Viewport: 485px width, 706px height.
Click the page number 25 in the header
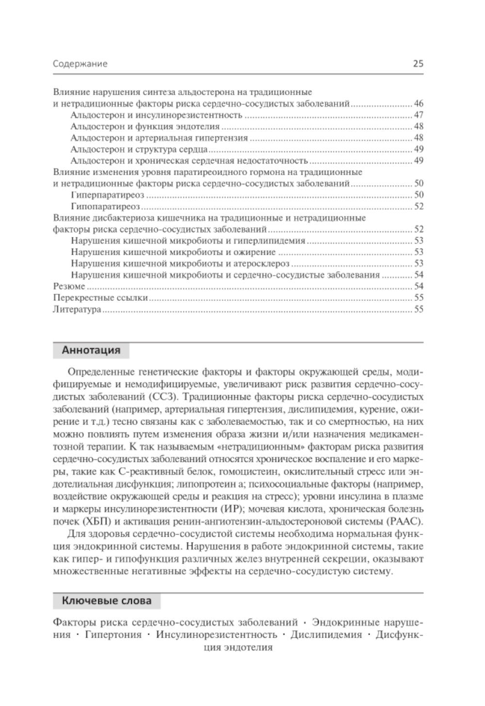(x=418, y=64)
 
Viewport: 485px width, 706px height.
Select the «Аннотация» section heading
(x=91, y=350)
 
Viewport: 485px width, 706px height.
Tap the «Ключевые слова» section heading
(x=106, y=601)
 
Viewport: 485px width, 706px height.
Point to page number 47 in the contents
(x=419, y=115)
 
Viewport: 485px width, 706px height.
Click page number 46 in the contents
(x=419, y=103)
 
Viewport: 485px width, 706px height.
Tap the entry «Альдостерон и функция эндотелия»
(x=145, y=127)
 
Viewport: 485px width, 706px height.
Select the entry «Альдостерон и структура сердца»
(x=139, y=149)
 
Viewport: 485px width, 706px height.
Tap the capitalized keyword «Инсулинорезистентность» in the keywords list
(x=216, y=635)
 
